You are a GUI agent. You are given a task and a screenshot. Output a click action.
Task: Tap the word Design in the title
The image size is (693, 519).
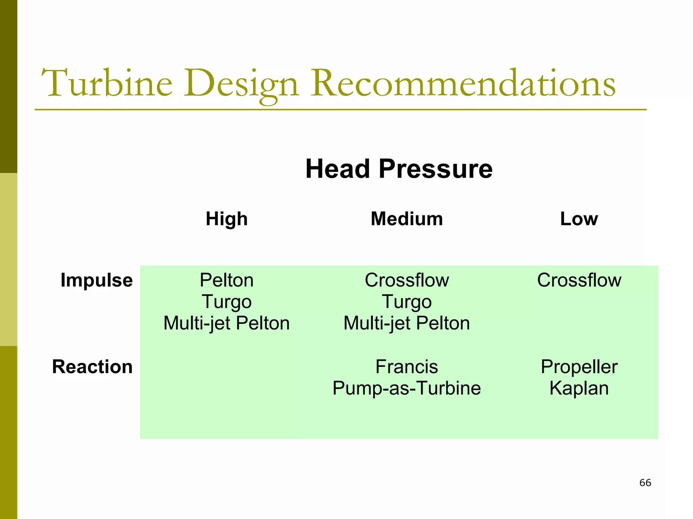tap(241, 84)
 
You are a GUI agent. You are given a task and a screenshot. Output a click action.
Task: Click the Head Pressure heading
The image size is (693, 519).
tap(399, 169)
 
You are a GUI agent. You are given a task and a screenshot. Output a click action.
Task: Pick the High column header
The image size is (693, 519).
tap(227, 219)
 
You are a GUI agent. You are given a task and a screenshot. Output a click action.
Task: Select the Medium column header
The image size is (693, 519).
tap(407, 219)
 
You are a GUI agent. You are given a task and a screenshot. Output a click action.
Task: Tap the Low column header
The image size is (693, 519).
tap(579, 219)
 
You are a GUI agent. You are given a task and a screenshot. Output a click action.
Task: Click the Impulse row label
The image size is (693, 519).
tap(96, 280)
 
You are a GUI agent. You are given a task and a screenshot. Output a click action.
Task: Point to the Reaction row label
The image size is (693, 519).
tap(92, 367)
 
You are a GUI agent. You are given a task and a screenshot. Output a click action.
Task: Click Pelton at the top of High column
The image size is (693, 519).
tap(226, 280)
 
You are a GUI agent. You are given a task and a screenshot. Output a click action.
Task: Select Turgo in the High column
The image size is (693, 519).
tap(226, 302)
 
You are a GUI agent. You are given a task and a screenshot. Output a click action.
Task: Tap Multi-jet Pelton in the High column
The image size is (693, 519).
tap(226, 323)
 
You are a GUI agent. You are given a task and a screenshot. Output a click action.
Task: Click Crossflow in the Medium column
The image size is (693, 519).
tap(407, 280)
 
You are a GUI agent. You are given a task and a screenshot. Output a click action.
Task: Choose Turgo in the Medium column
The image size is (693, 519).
tap(407, 302)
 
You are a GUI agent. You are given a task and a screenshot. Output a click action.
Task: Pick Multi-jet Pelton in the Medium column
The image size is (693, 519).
tap(407, 323)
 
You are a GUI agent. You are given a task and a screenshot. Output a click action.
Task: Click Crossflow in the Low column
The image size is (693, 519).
tap(579, 280)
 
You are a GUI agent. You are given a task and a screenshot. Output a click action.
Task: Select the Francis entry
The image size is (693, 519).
tap(407, 367)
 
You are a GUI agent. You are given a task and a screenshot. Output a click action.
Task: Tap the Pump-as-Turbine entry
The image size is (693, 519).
tap(407, 388)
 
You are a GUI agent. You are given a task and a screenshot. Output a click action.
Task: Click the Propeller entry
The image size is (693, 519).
tap(579, 367)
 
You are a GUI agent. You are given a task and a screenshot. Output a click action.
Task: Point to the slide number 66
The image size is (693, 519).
tap(645, 483)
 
